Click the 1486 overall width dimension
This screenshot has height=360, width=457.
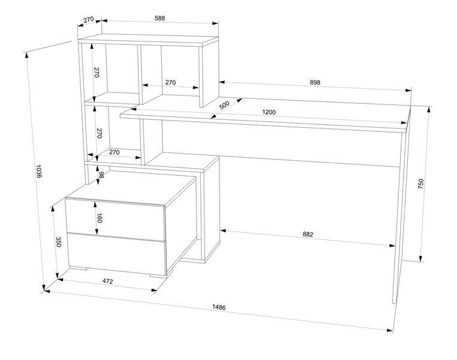pyautogui.click(x=219, y=307)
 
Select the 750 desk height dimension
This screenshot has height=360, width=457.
pyautogui.click(x=420, y=184)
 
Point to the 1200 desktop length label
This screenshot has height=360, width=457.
pyautogui.click(x=269, y=112)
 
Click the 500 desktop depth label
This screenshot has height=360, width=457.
pyautogui.click(x=224, y=105)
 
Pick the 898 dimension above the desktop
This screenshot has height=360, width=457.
pyautogui.click(x=315, y=82)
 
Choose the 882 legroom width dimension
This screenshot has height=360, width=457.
pyautogui.click(x=308, y=234)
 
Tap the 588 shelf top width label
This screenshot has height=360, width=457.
pyautogui.click(x=160, y=18)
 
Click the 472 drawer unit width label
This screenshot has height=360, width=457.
pyautogui.click(x=107, y=281)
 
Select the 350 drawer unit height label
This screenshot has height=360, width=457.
pyautogui.click(x=58, y=242)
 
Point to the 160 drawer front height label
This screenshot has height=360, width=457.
pyautogui.click(x=99, y=218)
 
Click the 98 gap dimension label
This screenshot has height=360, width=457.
pyautogui.click(x=101, y=175)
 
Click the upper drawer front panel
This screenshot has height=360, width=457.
pyautogui.click(x=115, y=216)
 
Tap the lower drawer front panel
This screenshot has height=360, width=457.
pyautogui.click(x=117, y=254)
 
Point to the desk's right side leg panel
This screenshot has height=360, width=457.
pyautogui.click(x=402, y=204)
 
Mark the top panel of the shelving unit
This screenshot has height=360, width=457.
pyautogui.click(x=148, y=40)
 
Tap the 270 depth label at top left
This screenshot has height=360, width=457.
pyautogui.click(x=88, y=20)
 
